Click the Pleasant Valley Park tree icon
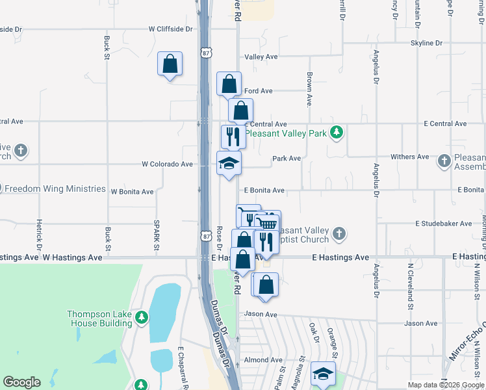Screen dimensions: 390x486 [336, 133]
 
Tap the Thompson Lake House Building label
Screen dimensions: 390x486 [99, 318]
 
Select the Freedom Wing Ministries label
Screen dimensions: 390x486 [54, 189]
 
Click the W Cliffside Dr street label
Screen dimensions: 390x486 [170, 29]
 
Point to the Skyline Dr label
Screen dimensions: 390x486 [426, 43]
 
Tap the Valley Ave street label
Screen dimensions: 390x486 [261, 57]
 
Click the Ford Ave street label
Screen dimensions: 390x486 [259, 91]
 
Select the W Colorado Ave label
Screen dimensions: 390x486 [168, 164]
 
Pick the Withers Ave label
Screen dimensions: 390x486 [409, 157]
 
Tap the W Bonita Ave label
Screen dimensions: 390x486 [132, 192]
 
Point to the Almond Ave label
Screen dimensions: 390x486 [263, 360]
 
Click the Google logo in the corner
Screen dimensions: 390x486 [21, 382]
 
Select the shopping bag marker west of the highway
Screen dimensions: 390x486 [170, 64]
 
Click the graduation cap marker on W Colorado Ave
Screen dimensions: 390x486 [229, 163]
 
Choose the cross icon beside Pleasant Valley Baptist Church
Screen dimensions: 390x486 [339, 233]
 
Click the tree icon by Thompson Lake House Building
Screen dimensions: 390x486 [142, 318]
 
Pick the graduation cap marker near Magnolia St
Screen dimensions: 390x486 [323, 374]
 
